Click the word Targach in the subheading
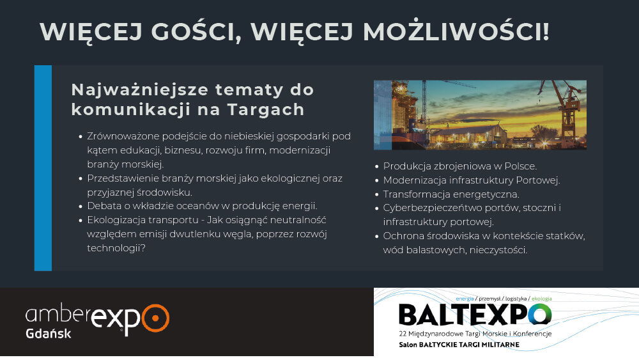click(x=266, y=110)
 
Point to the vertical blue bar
click(x=43, y=168)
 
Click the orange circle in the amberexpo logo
click(x=155, y=318)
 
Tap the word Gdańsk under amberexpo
click(x=49, y=334)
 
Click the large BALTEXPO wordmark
click(x=475, y=315)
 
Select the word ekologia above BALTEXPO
click(x=542, y=299)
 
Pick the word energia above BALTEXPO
click(x=465, y=299)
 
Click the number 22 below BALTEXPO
click(x=403, y=334)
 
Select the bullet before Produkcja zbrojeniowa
click(x=377, y=166)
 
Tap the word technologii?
click(x=116, y=248)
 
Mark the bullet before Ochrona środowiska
click(x=377, y=236)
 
